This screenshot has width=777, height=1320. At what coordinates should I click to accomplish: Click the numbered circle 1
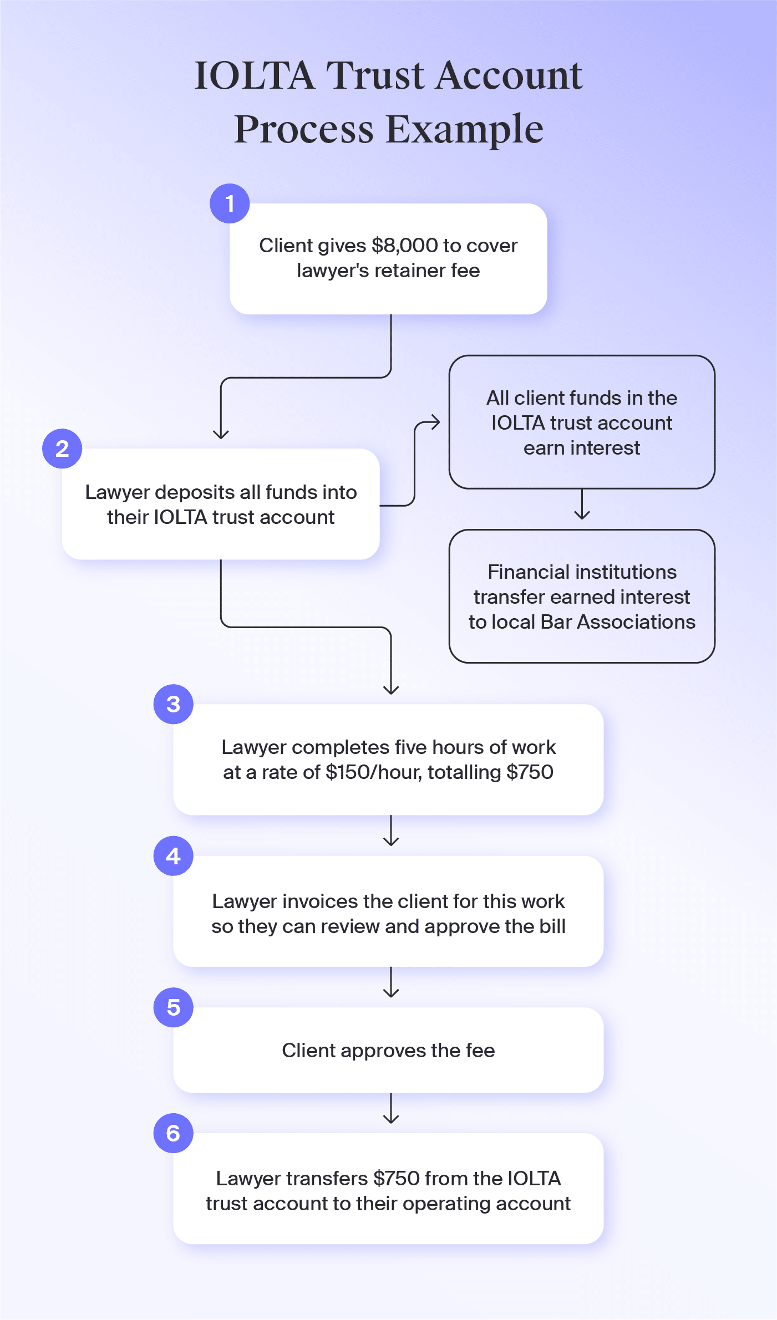click(x=230, y=203)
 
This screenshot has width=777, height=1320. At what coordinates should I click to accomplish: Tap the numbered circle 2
click(x=62, y=449)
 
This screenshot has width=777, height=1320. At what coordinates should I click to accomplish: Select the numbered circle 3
click(x=174, y=704)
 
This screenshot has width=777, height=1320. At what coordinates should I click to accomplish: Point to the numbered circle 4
click(x=174, y=856)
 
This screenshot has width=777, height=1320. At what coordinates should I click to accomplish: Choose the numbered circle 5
click(x=174, y=1007)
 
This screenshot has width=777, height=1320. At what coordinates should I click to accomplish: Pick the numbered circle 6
click(x=174, y=1133)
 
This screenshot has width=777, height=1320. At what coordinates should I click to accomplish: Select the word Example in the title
click(x=464, y=129)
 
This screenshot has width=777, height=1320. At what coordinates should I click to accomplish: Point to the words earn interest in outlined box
click(x=581, y=448)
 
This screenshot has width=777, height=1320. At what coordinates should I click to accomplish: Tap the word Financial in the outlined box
click(x=526, y=572)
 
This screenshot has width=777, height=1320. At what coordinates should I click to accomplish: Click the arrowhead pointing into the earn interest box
click(x=436, y=422)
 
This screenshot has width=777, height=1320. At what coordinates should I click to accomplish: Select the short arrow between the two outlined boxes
click(x=582, y=504)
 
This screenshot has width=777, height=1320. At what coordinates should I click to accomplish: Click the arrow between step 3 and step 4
click(x=391, y=831)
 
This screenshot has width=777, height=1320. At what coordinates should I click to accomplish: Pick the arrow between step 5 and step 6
click(x=391, y=1109)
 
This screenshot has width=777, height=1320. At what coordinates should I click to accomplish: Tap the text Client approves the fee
click(x=388, y=1051)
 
